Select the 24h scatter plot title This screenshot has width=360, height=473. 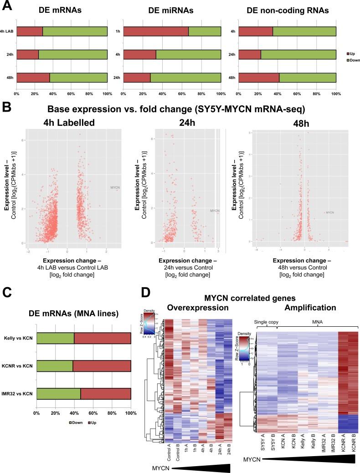(x=185, y=122)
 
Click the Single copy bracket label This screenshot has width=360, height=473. (x=263, y=321)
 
